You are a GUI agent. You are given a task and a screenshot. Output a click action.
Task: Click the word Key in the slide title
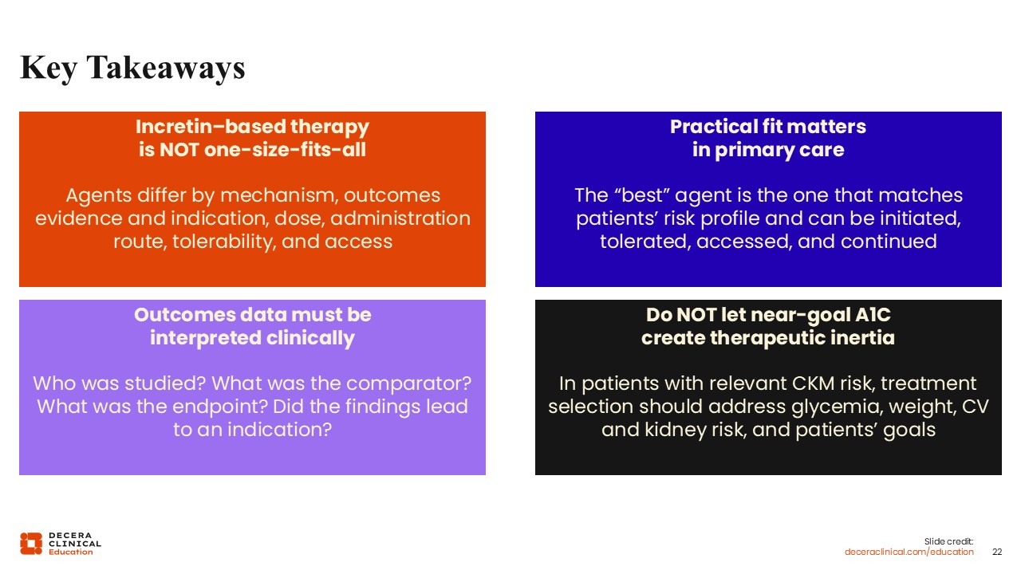[x=49, y=69]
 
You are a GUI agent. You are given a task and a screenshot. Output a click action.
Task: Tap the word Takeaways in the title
[x=166, y=69]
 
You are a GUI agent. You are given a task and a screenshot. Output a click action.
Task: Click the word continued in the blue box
[x=889, y=242]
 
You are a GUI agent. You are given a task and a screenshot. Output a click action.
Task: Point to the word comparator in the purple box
[x=409, y=383]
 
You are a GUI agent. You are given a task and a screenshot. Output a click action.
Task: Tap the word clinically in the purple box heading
[x=310, y=339]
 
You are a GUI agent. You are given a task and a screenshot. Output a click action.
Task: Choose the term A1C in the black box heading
[x=873, y=315]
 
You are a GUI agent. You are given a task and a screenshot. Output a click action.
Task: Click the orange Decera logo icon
[x=31, y=544]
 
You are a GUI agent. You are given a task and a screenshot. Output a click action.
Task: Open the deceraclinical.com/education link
[x=909, y=552]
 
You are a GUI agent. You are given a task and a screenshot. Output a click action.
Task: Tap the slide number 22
[x=997, y=552]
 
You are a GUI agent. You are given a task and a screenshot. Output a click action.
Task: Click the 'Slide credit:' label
[x=948, y=541]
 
